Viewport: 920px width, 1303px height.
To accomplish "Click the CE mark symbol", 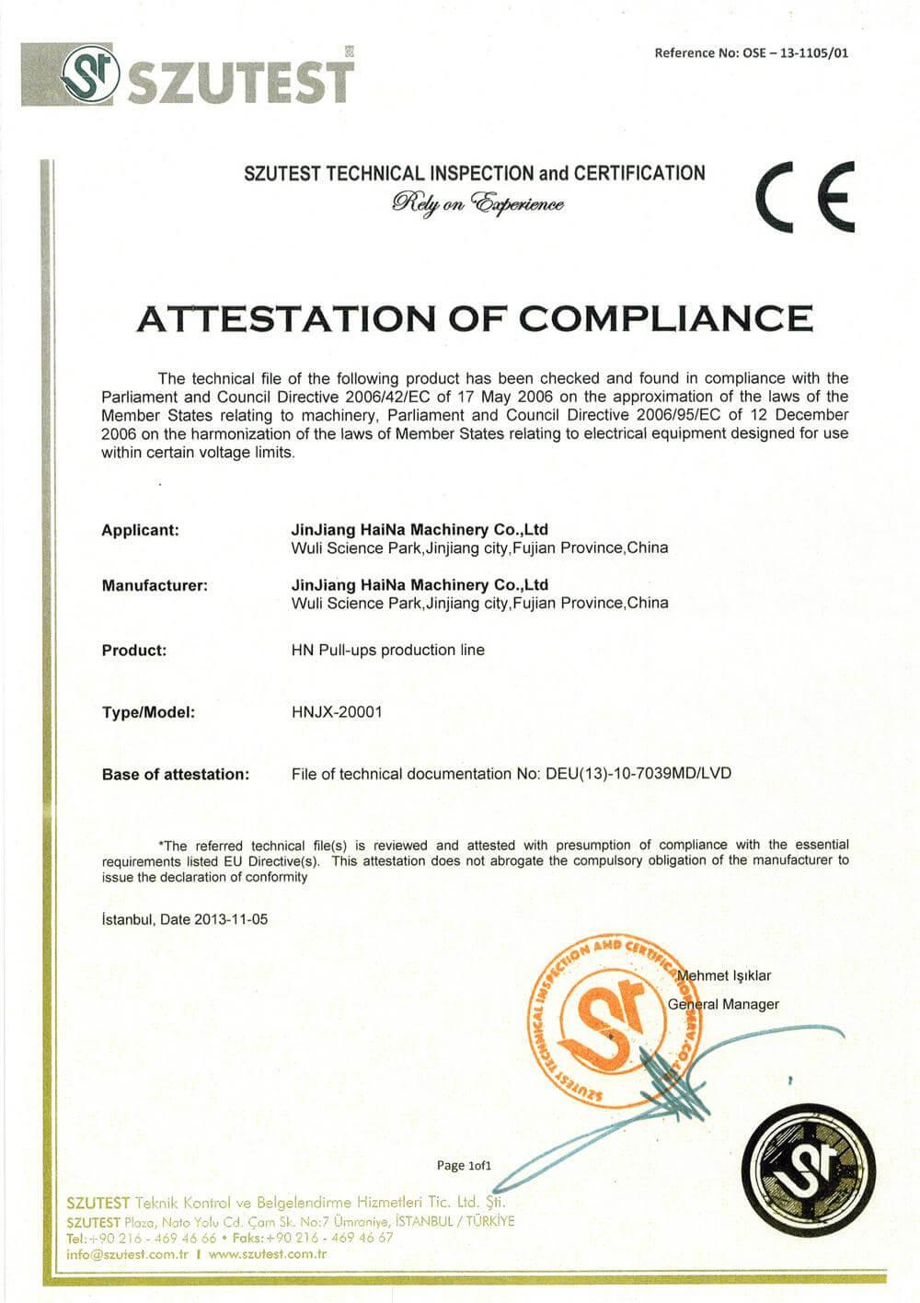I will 804,197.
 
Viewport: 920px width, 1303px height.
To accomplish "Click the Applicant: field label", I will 140,530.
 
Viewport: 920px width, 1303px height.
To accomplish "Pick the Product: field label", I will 134,650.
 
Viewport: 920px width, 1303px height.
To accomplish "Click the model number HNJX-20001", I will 336,712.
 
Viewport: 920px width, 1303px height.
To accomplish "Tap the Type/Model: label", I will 148,712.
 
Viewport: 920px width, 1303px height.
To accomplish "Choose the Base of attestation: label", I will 175,774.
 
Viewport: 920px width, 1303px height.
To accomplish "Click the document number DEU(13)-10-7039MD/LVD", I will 638,774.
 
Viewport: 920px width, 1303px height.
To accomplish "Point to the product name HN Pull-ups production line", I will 387,650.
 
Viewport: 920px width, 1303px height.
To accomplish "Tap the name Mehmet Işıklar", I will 724,975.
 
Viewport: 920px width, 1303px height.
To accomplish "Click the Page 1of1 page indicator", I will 464,1166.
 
